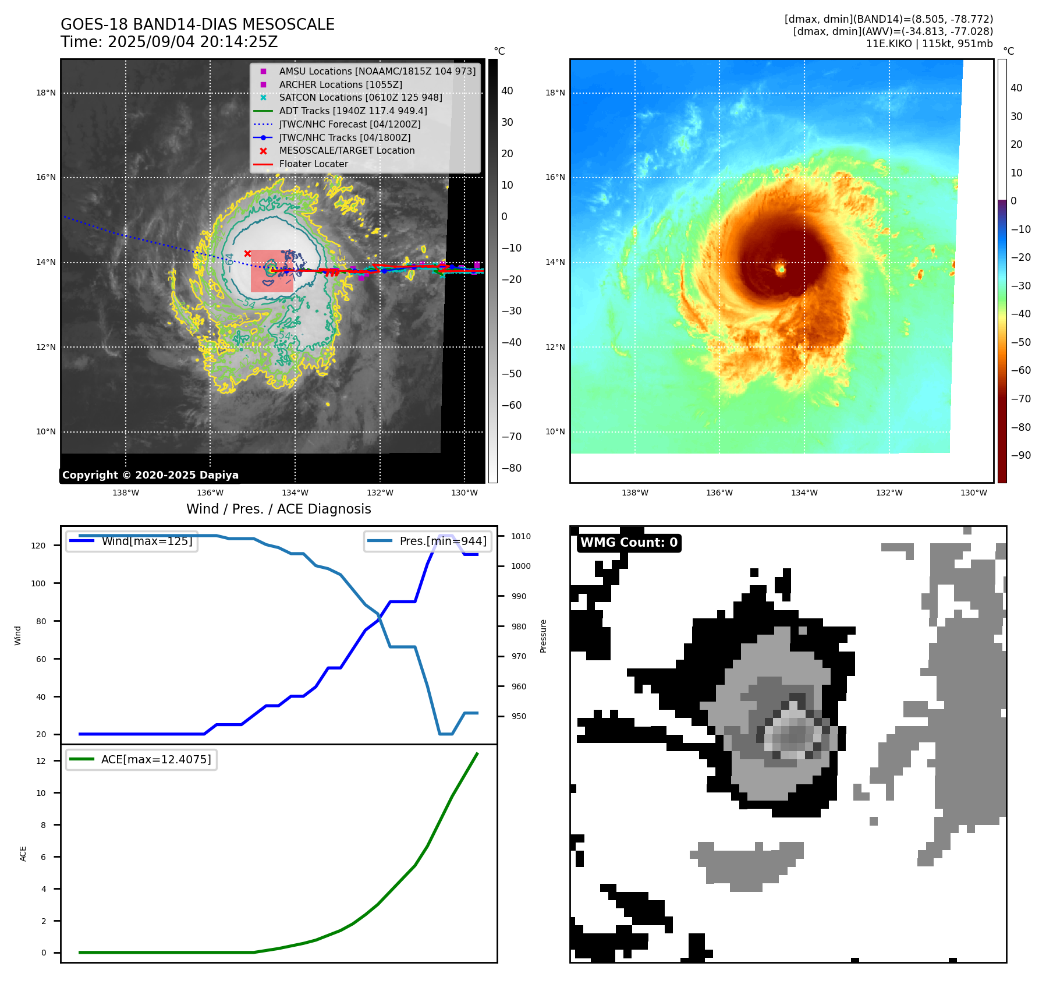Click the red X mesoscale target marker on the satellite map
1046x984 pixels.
pyautogui.click(x=247, y=253)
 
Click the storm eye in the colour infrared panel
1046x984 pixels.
pyautogui.click(x=782, y=269)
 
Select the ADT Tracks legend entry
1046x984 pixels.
pyautogui.click(x=353, y=111)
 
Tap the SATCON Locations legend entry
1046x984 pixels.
pyautogui.click(x=360, y=97)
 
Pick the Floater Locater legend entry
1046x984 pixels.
pyautogui.click(x=313, y=164)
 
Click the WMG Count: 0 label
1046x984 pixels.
pyautogui.click(x=629, y=543)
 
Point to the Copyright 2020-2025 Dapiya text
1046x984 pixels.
pyautogui.click(x=150, y=475)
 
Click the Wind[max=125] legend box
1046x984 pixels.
pyautogui.click(x=132, y=541)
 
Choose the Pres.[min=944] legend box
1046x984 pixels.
pyautogui.click(x=428, y=541)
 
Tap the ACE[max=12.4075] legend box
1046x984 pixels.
pyautogui.click(x=141, y=759)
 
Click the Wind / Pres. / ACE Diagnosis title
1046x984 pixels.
pyautogui.click(x=278, y=509)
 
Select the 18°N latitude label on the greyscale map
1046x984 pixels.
pyautogui.click(x=46, y=93)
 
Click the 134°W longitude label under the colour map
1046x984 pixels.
pyautogui.click(x=804, y=493)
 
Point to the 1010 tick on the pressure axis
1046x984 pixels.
pyautogui.click(x=521, y=536)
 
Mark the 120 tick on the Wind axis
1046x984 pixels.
pyautogui.click(x=38, y=546)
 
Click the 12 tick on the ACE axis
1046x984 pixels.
pyautogui.click(x=41, y=761)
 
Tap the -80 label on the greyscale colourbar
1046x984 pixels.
pyautogui.click(x=512, y=468)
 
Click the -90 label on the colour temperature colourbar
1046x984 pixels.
pyautogui.click(x=1020, y=455)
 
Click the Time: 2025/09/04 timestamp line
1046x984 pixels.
pyautogui.click(x=169, y=42)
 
